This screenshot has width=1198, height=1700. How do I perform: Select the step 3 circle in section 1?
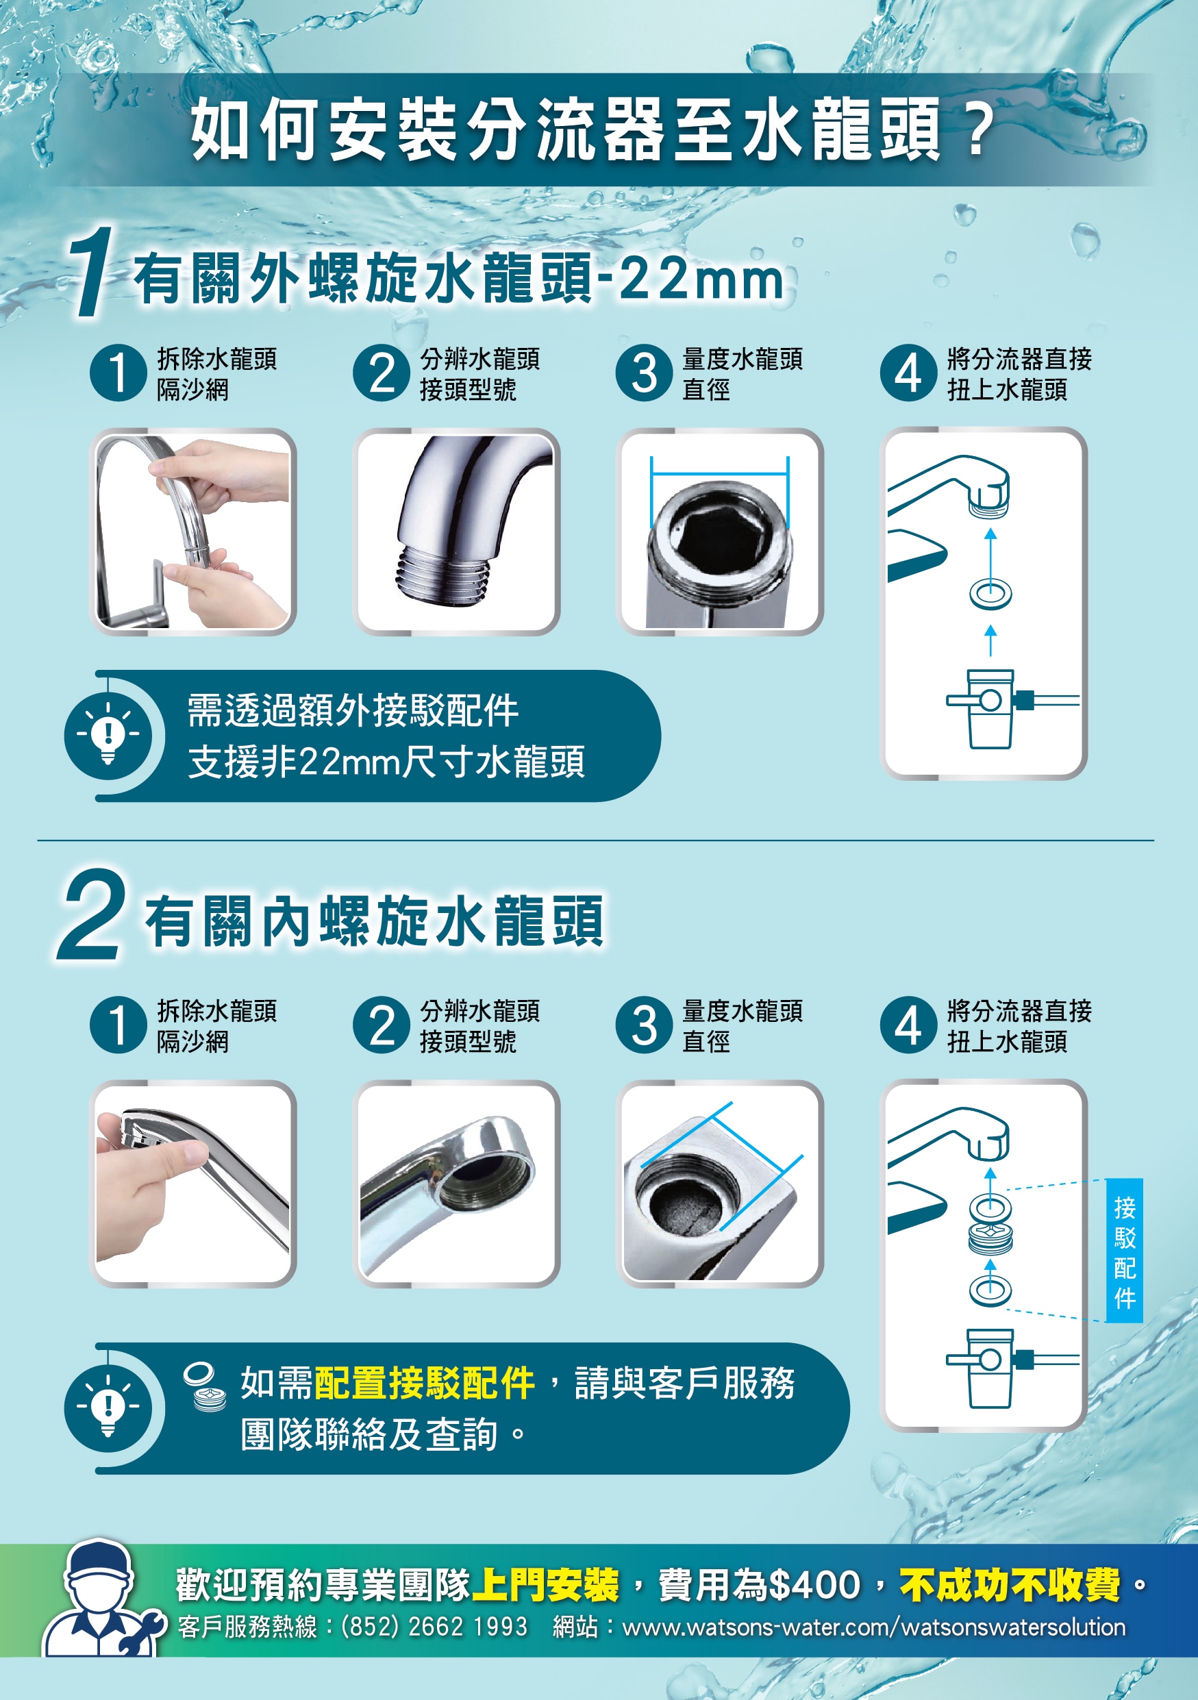[x=644, y=373]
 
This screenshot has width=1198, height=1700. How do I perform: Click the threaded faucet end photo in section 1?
[x=456, y=531]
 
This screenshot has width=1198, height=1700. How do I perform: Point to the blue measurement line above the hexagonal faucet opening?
[x=720, y=475]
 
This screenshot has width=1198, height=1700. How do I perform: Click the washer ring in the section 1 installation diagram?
[x=990, y=594]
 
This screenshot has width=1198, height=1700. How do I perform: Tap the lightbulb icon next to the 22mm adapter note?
[x=108, y=735]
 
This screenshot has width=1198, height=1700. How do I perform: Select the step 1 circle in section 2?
[x=118, y=1025]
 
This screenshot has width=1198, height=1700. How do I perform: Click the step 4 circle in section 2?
[x=908, y=1025]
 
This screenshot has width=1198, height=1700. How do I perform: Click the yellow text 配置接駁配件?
[x=425, y=1383]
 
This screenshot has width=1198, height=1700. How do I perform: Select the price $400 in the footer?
[x=814, y=1584]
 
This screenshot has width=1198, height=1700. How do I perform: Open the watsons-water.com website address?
[x=874, y=1627]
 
